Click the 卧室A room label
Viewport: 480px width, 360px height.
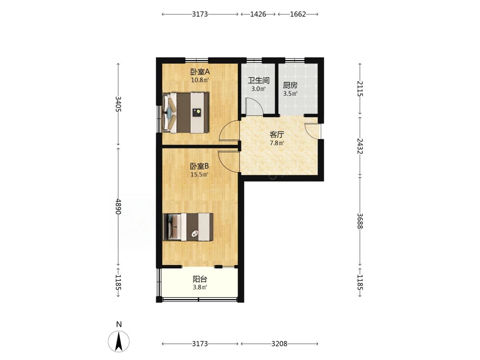tap(200, 71)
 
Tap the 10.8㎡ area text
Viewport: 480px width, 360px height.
tap(200, 80)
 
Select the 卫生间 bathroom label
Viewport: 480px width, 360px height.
tap(259, 80)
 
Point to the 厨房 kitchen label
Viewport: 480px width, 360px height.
tap(290, 85)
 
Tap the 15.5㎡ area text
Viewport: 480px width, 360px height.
tap(199, 175)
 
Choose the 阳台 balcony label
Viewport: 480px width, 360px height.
tap(200, 279)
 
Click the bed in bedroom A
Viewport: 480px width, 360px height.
tap(186, 113)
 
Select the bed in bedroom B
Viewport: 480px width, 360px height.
tap(188, 227)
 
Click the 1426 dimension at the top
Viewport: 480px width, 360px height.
tap(258, 14)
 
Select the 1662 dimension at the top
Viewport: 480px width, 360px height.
tap(298, 14)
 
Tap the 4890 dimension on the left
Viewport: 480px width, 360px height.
tap(118, 206)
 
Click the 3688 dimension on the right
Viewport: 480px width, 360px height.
tap(360, 221)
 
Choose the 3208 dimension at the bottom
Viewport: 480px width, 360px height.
tap(279, 344)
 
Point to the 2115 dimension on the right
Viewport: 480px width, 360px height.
tap(360, 89)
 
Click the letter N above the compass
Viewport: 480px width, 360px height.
tap(119, 325)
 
